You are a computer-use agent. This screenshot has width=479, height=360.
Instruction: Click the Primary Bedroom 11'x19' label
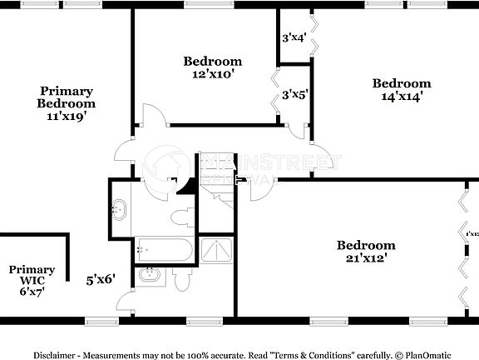click(x=66, y=104)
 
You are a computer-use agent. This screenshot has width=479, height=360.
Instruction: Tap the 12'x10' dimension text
click(x=213, y=73)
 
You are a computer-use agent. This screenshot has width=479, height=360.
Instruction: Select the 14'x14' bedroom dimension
click(x=402, y=95)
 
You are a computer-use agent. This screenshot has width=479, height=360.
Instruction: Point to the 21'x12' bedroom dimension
click(x=366, y=257)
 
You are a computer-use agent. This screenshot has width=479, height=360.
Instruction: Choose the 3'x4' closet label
click(x=294, y=37)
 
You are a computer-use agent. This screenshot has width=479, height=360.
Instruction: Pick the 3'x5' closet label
click(x=294, y=95)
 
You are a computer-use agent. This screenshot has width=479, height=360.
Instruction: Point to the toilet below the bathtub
click(x=182, y=280)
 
